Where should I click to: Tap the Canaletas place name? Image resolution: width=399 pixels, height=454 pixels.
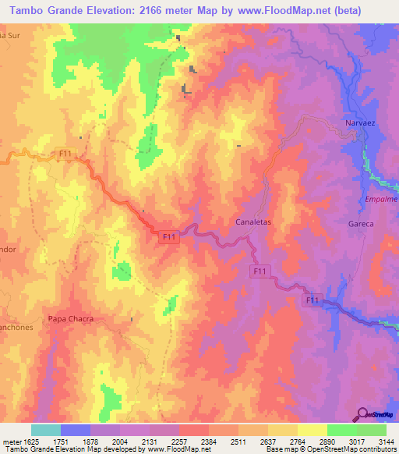(252, 222)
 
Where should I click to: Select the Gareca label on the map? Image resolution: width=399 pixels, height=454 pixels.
(361, 224)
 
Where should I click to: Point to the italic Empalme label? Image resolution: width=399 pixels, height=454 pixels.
(381, 199)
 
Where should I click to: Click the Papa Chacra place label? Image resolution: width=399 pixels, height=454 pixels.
(70, 318)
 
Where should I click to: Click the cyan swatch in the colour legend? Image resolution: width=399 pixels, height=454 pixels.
(46, 430)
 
